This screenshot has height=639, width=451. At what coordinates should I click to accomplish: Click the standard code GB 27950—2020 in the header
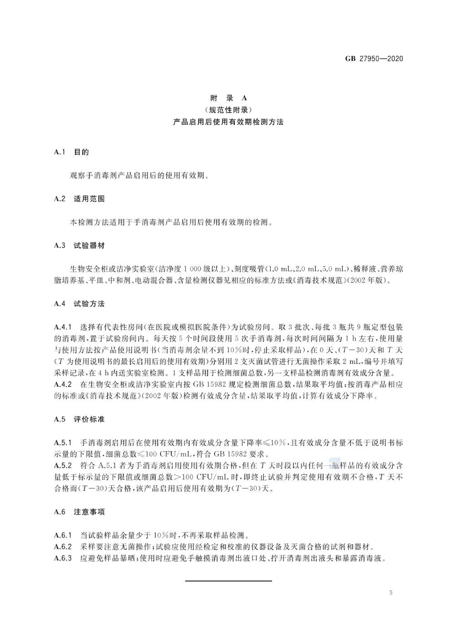point(374,59)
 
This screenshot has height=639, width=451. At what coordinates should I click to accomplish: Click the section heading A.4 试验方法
point(79,304)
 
